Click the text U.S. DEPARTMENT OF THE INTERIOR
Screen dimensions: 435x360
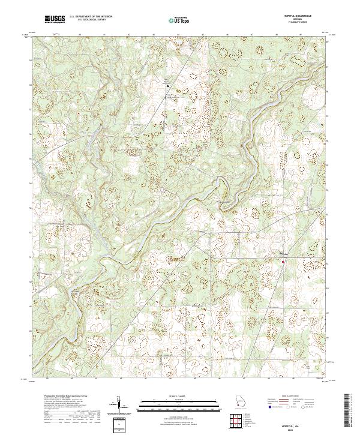(91, 17)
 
